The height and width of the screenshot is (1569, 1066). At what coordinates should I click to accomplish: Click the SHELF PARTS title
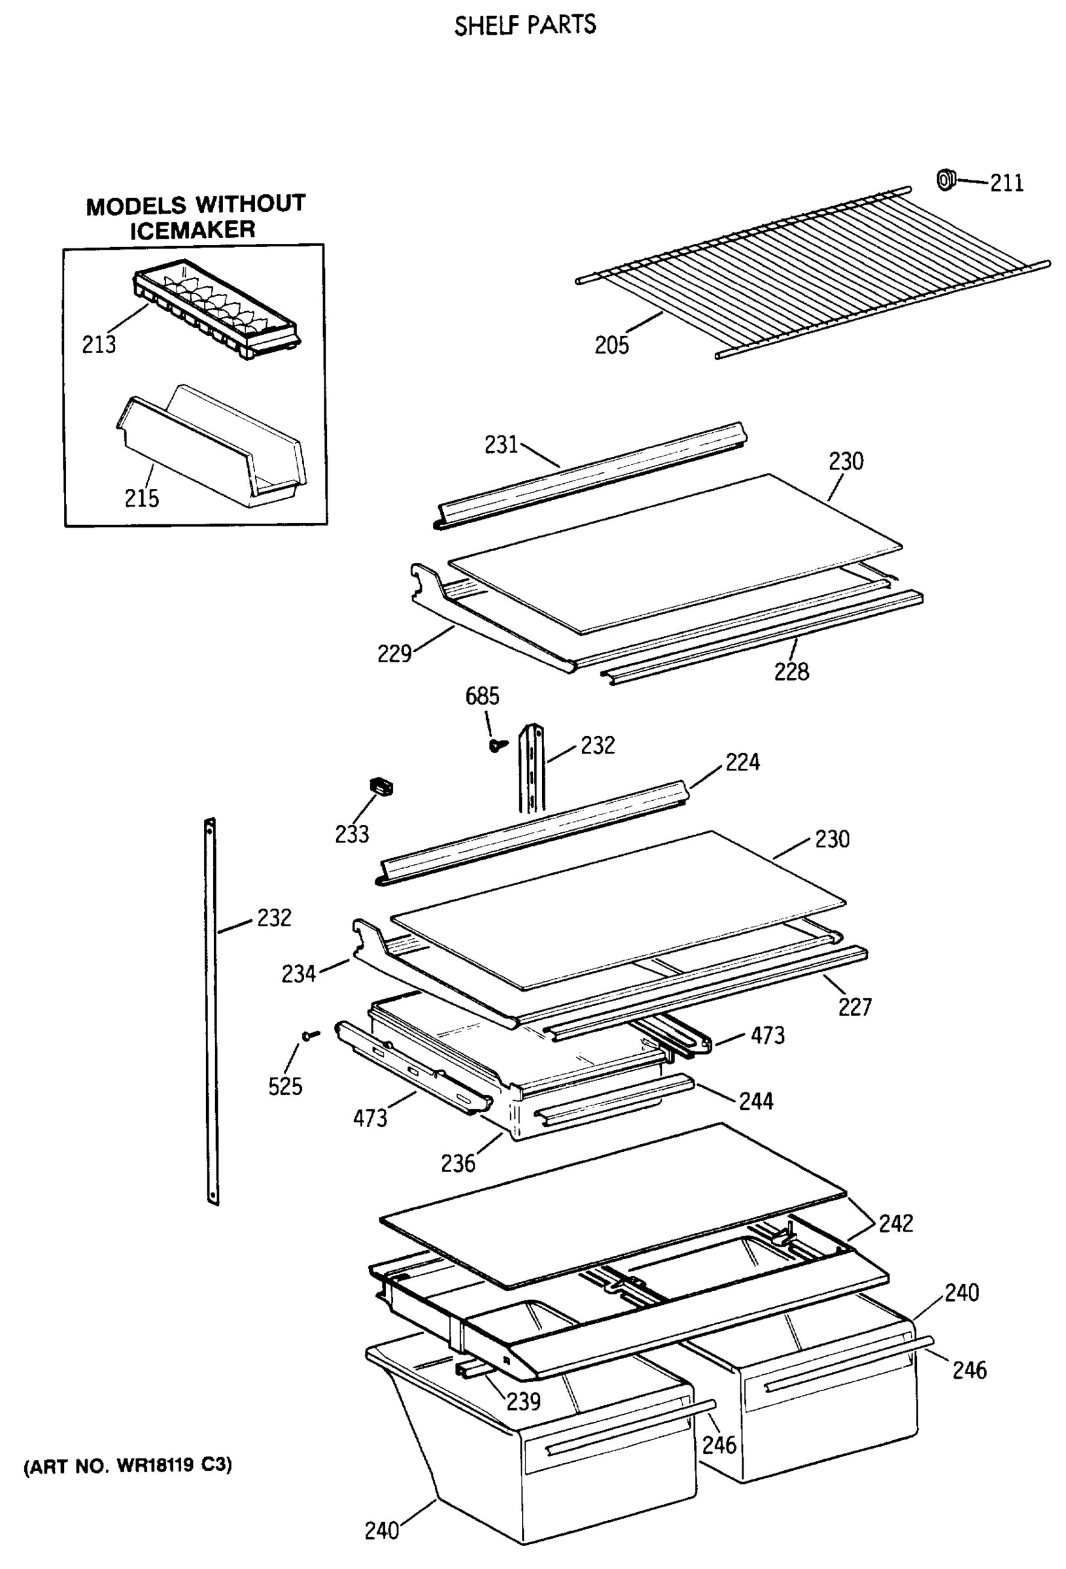pos(525,25)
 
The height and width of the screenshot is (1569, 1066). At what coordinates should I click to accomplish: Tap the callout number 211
pos(1006,183)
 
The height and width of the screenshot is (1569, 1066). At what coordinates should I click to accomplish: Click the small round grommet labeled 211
pos(945,180)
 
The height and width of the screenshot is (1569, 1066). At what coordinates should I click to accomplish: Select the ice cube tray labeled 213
pos(216,307)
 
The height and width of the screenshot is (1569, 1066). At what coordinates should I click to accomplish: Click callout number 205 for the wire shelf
pos(611,345)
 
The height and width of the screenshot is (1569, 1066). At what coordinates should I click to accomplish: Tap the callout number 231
pos(500,445)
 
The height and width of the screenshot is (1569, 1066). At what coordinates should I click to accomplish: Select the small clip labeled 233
pos(382,787)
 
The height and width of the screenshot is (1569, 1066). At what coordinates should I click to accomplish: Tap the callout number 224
pos(742,762)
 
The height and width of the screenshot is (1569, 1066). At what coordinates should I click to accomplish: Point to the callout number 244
pos(756,1101)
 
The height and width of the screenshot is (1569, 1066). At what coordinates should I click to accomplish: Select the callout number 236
pos(458,1163)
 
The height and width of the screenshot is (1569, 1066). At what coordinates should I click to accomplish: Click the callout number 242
pos(896,1223)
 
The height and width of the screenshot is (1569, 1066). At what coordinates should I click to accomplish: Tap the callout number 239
pos(524,1402)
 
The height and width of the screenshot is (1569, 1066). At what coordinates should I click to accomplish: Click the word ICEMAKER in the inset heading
pos(192,230)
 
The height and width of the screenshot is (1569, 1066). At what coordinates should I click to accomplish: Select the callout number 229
pos(394,654)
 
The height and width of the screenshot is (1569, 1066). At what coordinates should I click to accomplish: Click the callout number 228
pos(791,672)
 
